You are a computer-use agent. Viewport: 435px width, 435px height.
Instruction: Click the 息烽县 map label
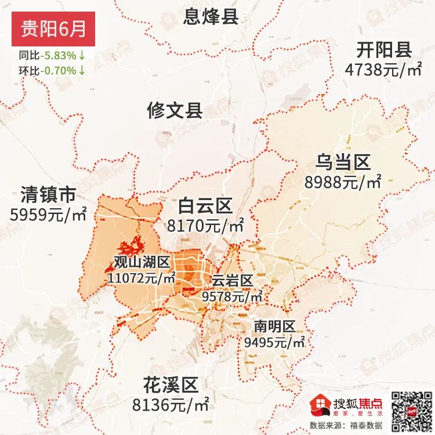[x=211, y=16]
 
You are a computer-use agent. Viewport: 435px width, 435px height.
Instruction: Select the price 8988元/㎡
[x=343, y=182]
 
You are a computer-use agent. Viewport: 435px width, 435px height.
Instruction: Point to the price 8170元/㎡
[x=205, y=225]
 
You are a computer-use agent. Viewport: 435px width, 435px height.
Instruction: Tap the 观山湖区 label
[x=141, y=263]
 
